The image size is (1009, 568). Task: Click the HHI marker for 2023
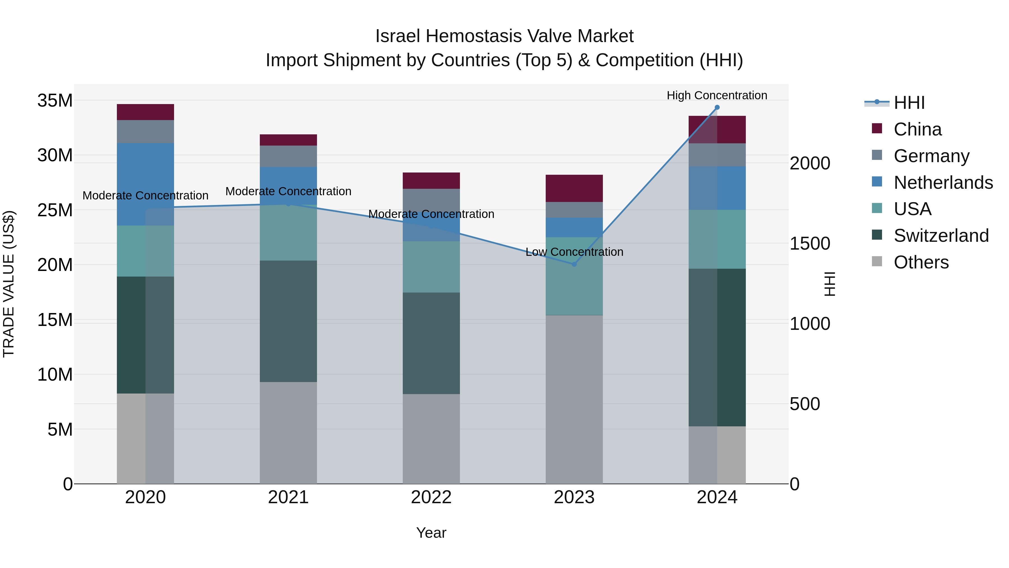tap(574, 264)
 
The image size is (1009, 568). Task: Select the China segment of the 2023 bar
tap(574, 188)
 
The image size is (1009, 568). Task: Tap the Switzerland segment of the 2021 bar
tap(288, 321)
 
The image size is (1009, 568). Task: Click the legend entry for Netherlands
tap(943, 183)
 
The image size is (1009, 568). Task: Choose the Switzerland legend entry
tap(941, 236)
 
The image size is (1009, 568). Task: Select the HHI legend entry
tap(909, 103)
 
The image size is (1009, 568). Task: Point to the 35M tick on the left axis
tap(55, 101)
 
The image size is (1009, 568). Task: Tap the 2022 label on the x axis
tap(431, 497)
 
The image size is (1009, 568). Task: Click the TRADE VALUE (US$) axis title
tap(9, 284)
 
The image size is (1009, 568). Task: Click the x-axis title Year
tap(431, 533)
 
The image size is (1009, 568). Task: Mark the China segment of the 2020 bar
tap(145, 112)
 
